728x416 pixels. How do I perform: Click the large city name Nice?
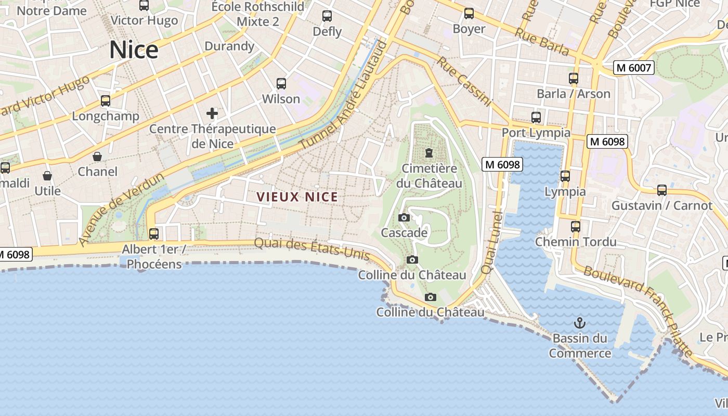coord(134,50)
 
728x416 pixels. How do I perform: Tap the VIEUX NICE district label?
coord(297,197)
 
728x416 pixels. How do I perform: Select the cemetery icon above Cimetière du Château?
coord(428,153)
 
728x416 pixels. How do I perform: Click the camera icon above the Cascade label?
coord(404,218)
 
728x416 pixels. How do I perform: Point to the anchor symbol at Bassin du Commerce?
coord(579,323)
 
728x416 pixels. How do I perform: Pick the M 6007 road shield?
coord(633,68)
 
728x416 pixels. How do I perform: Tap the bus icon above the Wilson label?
coord(281,84)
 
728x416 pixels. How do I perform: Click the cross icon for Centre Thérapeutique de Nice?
coord(212,113)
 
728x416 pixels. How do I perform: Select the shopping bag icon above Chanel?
coord(97,157)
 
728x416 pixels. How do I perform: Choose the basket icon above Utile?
coord(47,176)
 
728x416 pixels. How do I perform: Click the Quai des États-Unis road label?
coord(312,249)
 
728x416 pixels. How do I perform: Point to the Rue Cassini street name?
coord(464,82)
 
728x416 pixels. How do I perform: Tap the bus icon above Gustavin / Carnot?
coord(661,190)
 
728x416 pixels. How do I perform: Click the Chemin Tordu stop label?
coord(576,242)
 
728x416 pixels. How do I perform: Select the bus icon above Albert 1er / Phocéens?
coord(154,234)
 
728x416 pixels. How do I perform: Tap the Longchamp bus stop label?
coord(106,116)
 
